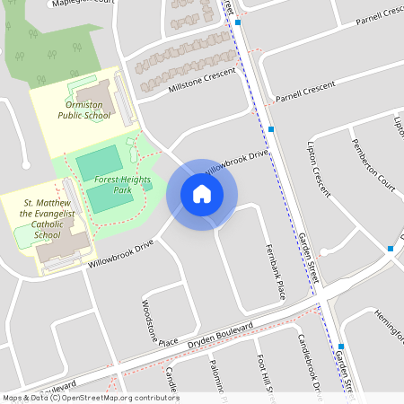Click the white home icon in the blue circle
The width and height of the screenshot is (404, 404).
pos(202,194)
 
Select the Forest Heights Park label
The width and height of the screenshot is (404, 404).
pos(112,185)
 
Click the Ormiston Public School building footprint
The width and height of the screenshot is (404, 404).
pos(97,95)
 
